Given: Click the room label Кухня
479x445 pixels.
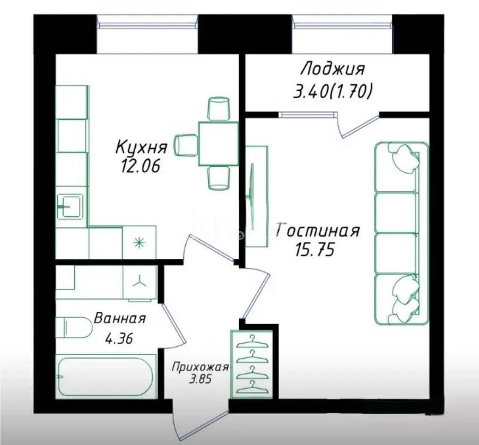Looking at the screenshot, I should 142,146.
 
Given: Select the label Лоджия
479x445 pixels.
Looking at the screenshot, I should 333,69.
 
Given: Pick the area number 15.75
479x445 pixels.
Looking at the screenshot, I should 315,250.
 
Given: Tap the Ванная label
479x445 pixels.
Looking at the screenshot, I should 119,319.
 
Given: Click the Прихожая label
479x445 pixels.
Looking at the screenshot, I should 200,367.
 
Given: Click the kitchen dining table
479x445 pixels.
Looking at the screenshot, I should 219,143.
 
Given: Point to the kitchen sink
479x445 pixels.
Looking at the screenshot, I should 69,206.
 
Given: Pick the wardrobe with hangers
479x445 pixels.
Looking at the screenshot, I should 251,364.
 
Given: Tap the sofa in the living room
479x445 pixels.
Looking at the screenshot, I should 402,233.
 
